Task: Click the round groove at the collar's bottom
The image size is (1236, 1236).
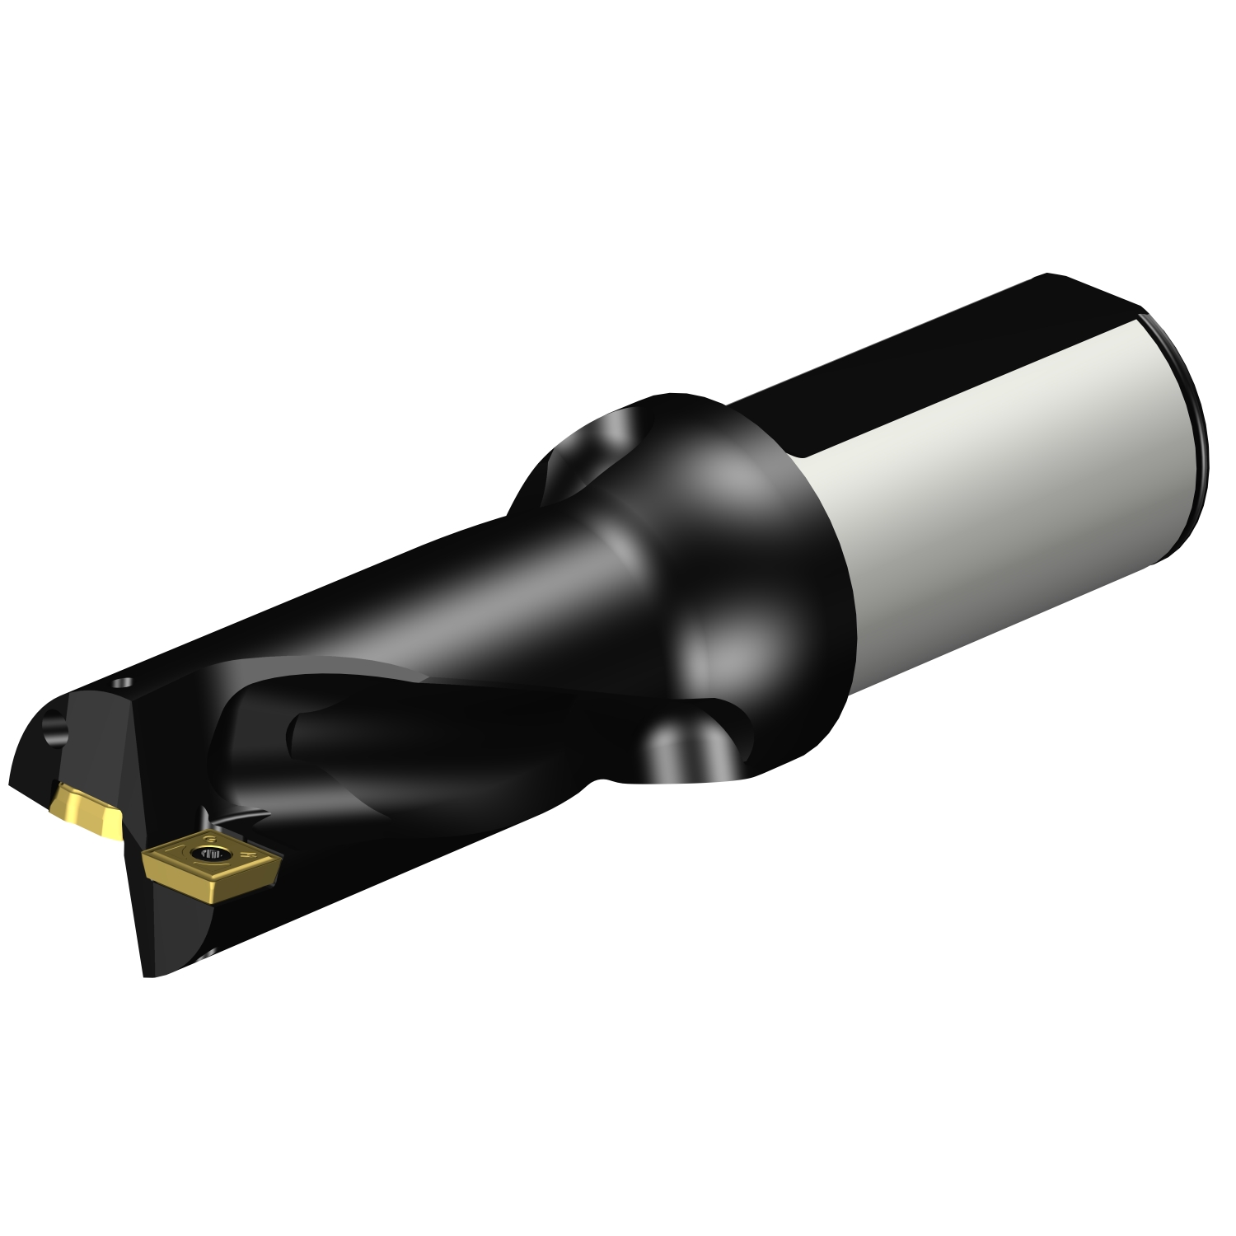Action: coord(676,750)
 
